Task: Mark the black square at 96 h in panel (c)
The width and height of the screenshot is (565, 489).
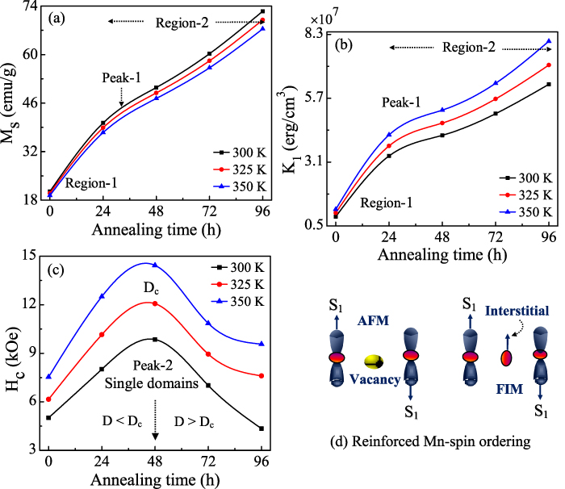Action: click(x=261, y=428)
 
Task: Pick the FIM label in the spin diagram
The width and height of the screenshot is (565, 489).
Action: click(x=506, y=388)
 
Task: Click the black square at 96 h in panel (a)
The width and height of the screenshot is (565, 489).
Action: click(x=262, y=11)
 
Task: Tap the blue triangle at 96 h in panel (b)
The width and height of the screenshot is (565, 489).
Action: click(x=549, y=41)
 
